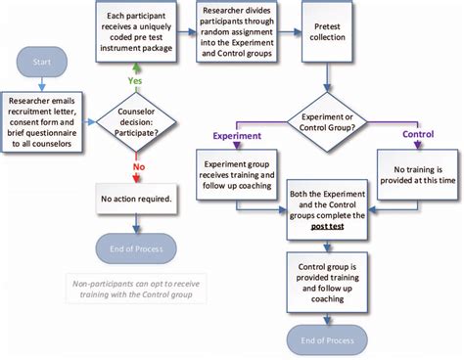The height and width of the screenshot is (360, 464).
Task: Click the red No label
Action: tap(138, 166)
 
